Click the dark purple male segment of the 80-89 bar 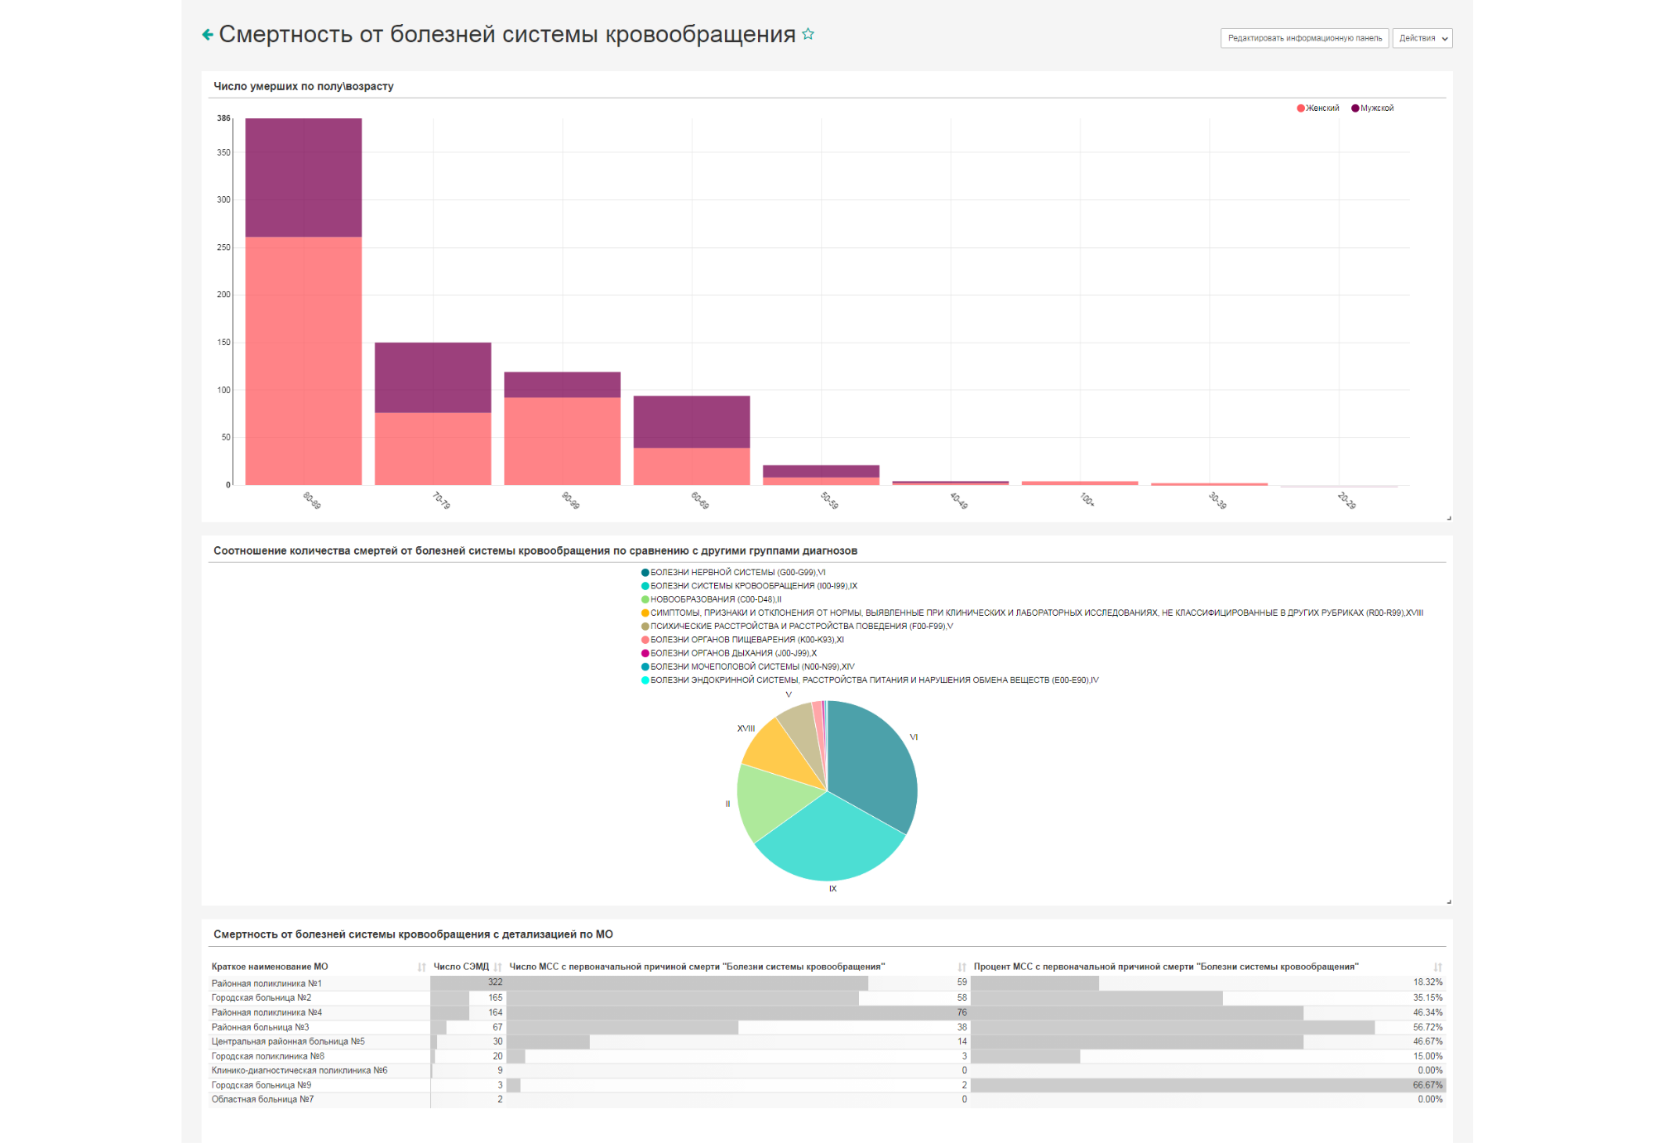(303, 177)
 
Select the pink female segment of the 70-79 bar (433, 449)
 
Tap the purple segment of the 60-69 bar (692, 422)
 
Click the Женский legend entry (1318, 108)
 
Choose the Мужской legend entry (1373, 108)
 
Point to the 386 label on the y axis (223, 118)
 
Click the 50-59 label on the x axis (829, 500)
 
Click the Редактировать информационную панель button (1304, 38)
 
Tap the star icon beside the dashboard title (808, 34)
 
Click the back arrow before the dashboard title (208, 34)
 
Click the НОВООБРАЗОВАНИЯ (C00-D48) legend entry (712, 599)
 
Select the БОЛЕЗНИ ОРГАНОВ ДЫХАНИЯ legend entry (729, 653)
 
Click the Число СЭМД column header (461, 967)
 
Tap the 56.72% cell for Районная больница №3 (1427, 1027)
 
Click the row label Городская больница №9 (261, 1085)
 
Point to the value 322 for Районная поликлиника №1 (495, 982)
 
